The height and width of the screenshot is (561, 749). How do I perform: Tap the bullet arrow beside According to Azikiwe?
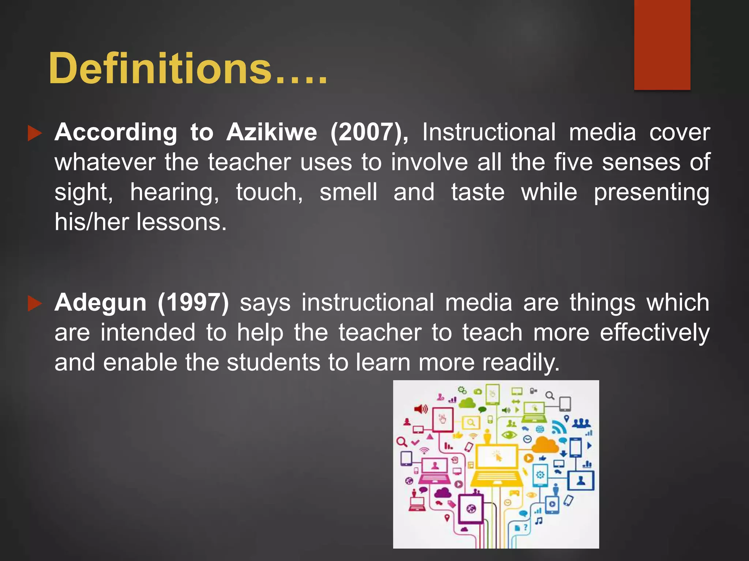pos(35,134)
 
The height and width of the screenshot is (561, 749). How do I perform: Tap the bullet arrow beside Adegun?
pos(35,304)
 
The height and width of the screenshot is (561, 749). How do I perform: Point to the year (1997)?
pos(193,302)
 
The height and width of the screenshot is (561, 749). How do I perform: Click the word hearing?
pos(175,192)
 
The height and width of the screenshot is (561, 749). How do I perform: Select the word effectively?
pos(655,333)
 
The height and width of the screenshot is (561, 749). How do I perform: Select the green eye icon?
pos(509,435)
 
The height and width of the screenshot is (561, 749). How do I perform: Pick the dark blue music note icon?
pos(539,520)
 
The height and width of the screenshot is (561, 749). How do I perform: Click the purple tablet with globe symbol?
pos(471,509)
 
